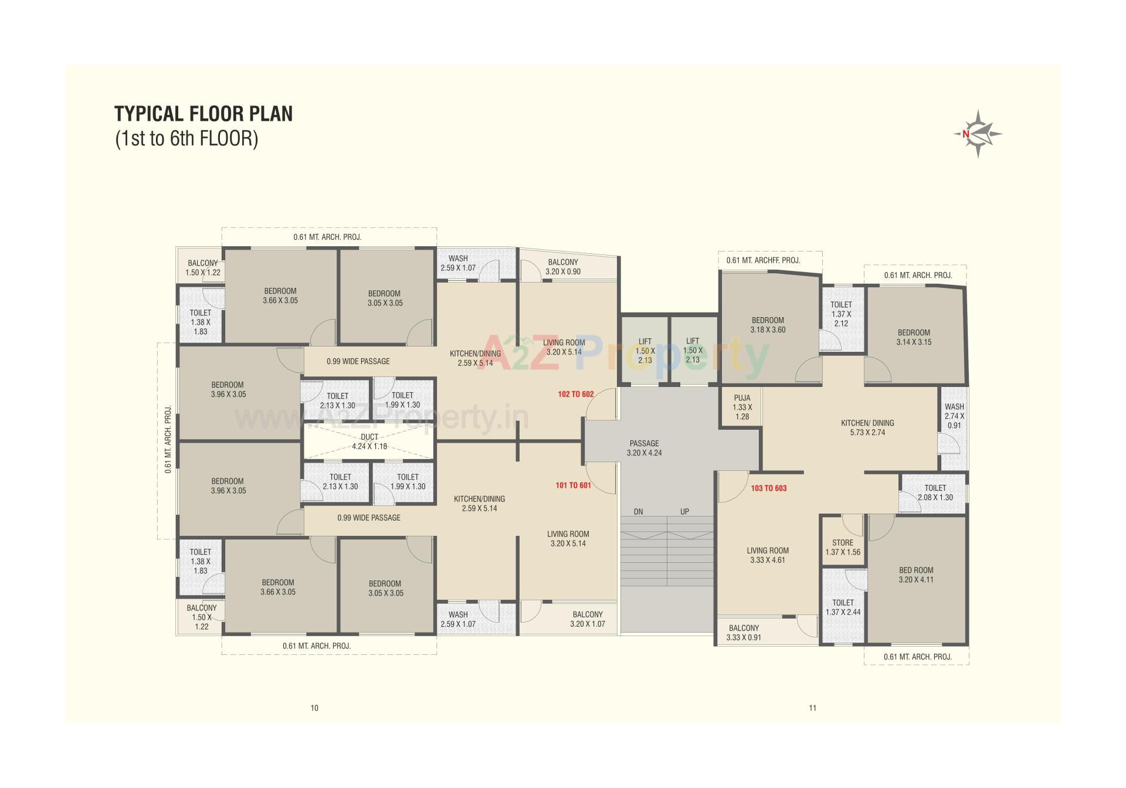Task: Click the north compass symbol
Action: [978, 134]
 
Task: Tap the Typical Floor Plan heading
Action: [204, 113]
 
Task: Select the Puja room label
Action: [742, 407]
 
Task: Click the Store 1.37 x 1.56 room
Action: [842, 547]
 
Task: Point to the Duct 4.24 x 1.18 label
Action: [369, 441]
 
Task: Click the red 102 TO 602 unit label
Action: [575, 394]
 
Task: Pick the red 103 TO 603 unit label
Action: [768, 488]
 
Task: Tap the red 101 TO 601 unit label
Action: [573, 485]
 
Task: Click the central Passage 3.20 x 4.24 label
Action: [644, 448]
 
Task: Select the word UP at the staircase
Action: [684, 511]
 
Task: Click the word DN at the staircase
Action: [638, 511]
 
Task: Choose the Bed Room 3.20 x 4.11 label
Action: [915, 575]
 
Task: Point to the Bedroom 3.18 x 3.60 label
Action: [768, 325]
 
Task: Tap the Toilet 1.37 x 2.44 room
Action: [843, 607]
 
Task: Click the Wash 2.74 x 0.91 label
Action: [954, 416]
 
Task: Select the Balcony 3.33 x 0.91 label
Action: [744, 632]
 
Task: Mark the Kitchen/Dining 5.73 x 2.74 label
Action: [867, 427]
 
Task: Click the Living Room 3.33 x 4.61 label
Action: [767, 555]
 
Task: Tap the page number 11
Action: [812, 708]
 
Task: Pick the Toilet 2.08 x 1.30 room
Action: [935, 492]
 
